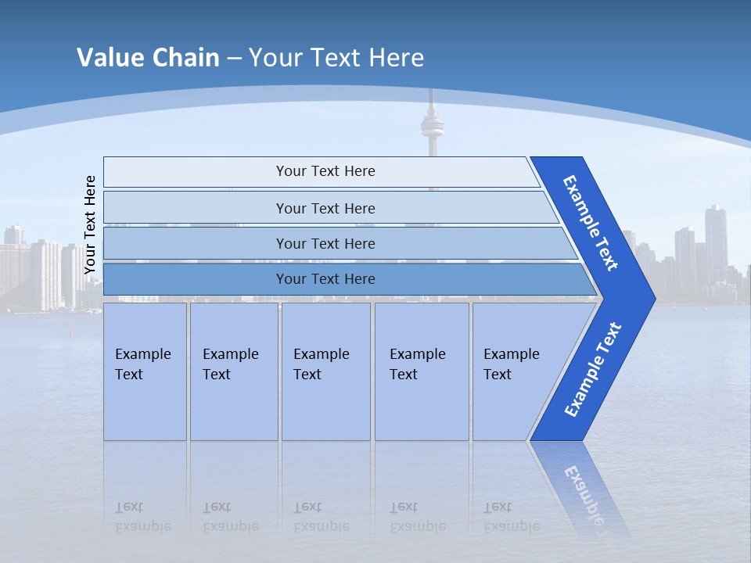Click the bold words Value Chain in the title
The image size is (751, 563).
coord(148,58)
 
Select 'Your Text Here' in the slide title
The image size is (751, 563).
coord(336,58)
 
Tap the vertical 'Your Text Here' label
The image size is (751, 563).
coord(90,224)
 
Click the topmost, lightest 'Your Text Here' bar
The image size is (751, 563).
coord(325,171)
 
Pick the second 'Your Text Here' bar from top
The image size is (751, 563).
coord(325,208)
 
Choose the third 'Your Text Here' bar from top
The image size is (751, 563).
coord(325,243)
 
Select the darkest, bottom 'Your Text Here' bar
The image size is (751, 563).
coord(325,279)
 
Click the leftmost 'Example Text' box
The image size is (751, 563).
coord(145,371)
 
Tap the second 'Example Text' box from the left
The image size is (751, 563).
coord(233,371)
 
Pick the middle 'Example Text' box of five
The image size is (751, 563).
coord(325,371)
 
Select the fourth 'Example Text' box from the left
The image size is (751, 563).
coord(421,371)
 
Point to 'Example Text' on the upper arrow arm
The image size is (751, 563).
coord(591,223)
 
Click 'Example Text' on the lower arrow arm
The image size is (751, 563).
coord(593,369)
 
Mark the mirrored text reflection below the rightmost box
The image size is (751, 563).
coord(512,517)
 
